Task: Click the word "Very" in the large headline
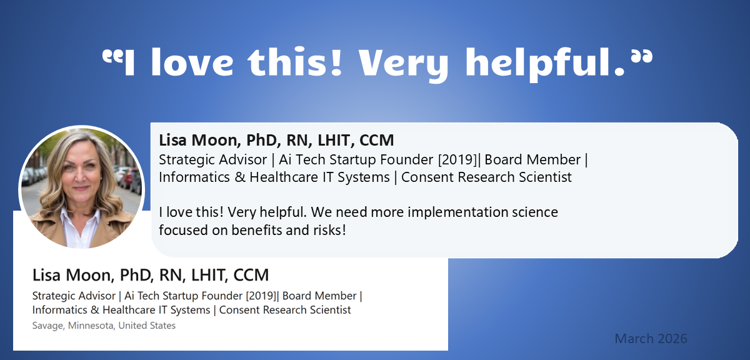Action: (x=403, y=64)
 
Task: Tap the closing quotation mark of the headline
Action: (x=642, y=57)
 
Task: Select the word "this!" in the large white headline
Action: (x=294, y=62)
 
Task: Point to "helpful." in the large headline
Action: (x=545, y=64)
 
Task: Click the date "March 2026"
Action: (x=651, y=339)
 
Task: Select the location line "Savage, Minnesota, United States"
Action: (x=104, y=326)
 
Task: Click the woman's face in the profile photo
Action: (x=81, y=167)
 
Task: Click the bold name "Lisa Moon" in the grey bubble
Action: (x=200, y=140)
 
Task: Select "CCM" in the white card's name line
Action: (x=251, y=275)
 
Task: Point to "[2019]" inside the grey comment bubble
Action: (x=457, y=160)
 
